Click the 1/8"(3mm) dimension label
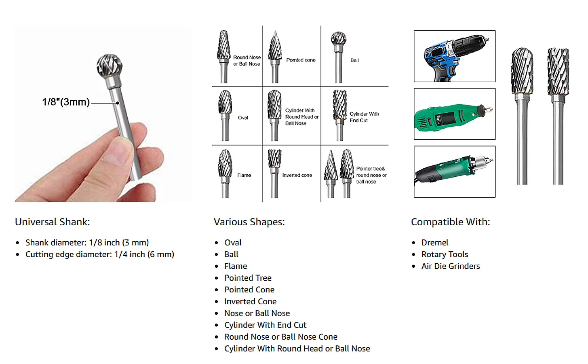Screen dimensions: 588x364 (x=66, y=102)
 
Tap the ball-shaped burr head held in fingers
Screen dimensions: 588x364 (x=110, y=65)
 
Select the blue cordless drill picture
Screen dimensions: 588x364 (x=454, y=56)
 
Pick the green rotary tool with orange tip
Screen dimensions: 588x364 (x=454, y=114)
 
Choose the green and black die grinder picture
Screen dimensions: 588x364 (x=454, y=171)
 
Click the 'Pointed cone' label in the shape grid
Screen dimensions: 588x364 (x=301, y=60)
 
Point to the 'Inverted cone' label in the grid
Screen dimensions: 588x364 (x=297, y=175)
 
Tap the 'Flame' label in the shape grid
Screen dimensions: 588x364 (x=244, y=175)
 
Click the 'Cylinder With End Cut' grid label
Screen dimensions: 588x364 (x=365, y=117)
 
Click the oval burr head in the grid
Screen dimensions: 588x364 (x=225, y=102)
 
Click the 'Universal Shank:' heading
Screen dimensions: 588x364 (x=52, y=222)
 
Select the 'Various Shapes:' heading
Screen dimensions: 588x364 (x=249, y=222)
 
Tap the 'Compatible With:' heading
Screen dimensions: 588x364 (x=451, y=222)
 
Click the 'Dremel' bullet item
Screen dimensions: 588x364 (x=435, y=242)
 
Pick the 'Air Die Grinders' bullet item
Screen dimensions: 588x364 (x=451, y=266)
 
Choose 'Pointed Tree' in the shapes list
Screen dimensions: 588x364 (x=248, y=278)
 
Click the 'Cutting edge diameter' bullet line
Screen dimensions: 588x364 (x=100, y=254)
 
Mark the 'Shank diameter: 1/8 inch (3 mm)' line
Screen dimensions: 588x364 (x=87, y=242)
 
